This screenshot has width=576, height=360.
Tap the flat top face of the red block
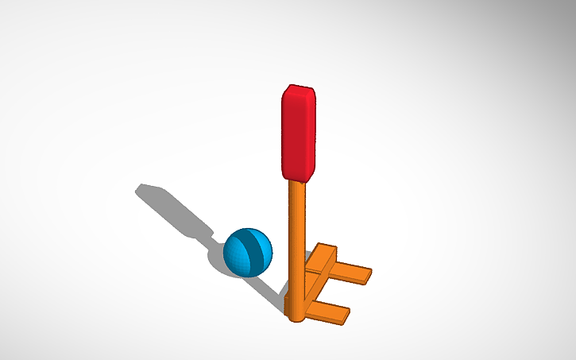tap(300, 87)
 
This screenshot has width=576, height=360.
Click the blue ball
tap(248, 253)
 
